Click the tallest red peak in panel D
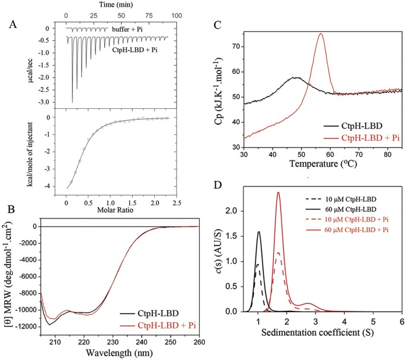point(278,192)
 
